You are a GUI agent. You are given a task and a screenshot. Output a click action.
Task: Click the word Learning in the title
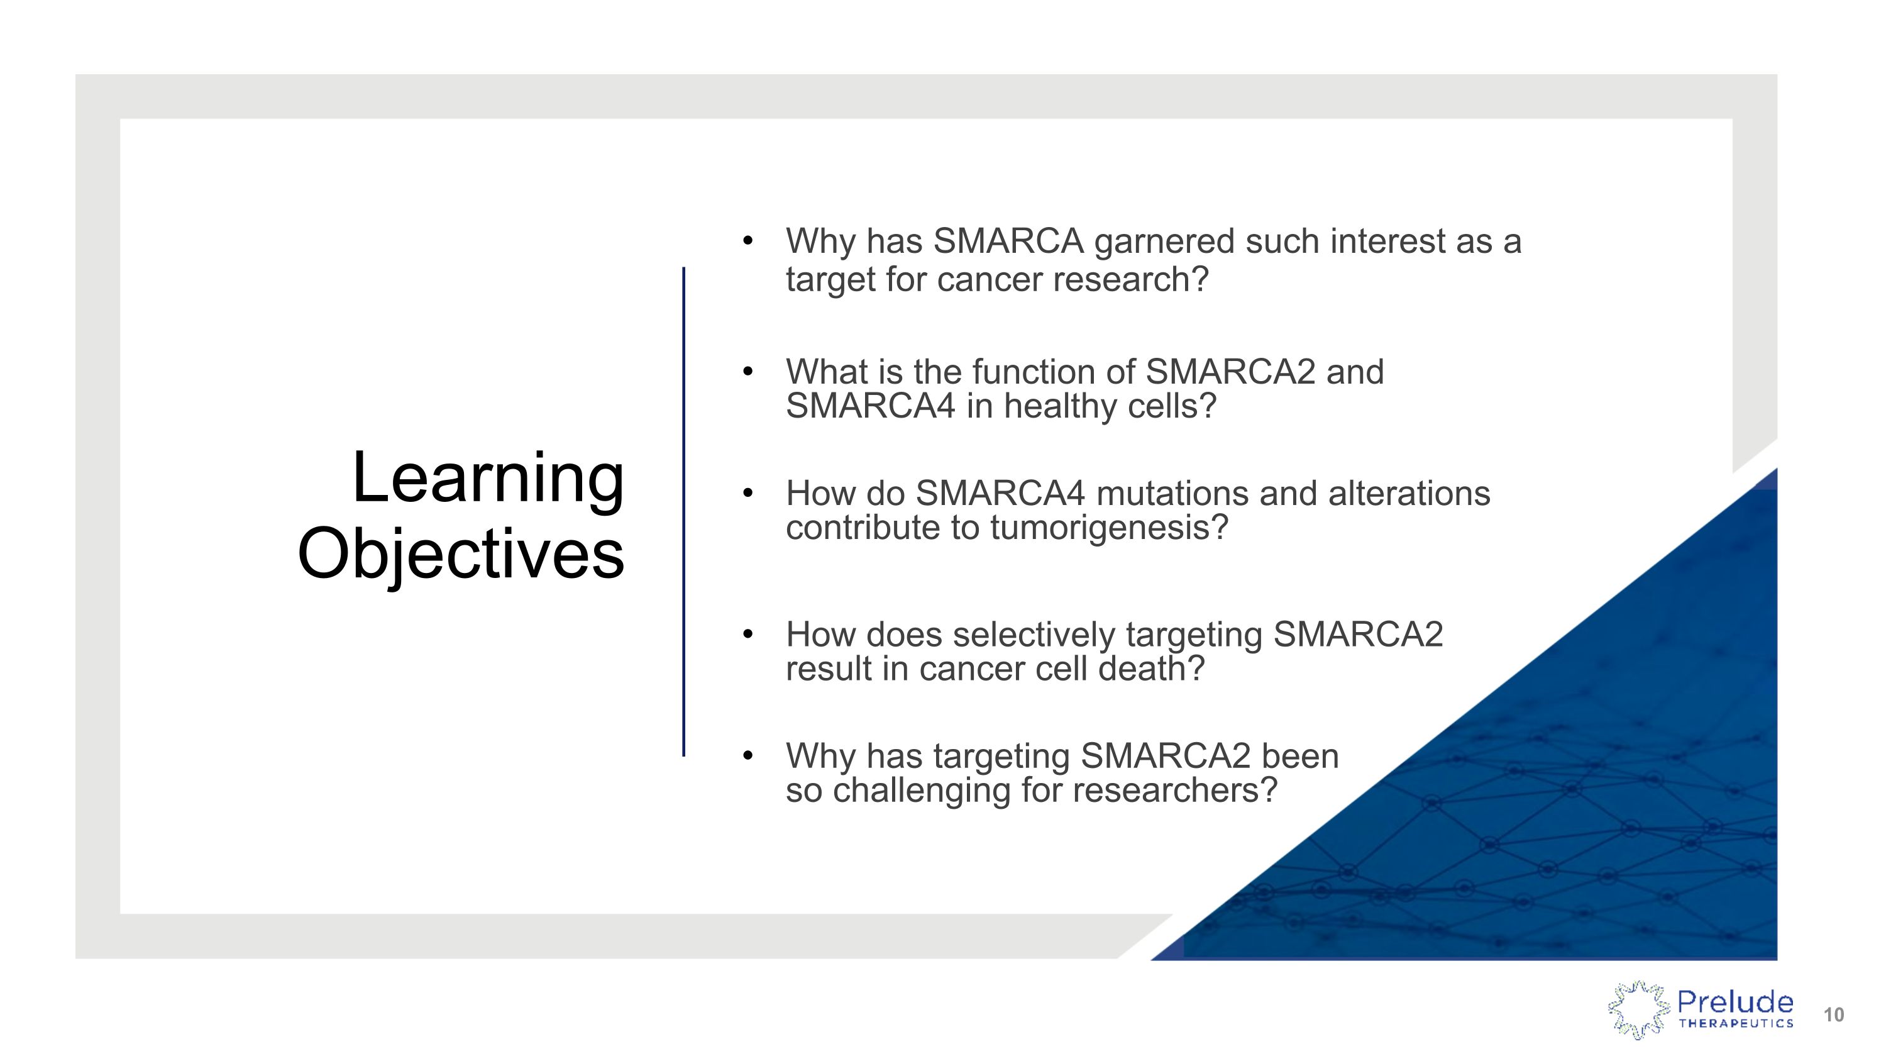[488, 478]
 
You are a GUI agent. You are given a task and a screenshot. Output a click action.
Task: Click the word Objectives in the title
[461, 554]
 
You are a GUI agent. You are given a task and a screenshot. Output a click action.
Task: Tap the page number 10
[1833, 1015]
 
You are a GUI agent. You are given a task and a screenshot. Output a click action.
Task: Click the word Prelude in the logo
[1734, 1001]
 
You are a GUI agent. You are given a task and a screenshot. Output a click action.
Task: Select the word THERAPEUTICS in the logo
[1735, 1024]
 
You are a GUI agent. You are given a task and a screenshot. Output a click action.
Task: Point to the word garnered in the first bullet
[1164, 242]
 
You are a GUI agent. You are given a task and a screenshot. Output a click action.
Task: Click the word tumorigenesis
[1108, 528]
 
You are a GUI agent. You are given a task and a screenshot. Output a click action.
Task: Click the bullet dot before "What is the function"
[747, 371]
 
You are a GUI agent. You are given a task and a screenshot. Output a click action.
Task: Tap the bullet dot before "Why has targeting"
[747, 755]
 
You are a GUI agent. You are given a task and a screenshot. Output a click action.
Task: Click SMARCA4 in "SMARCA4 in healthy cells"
[870, 406]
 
